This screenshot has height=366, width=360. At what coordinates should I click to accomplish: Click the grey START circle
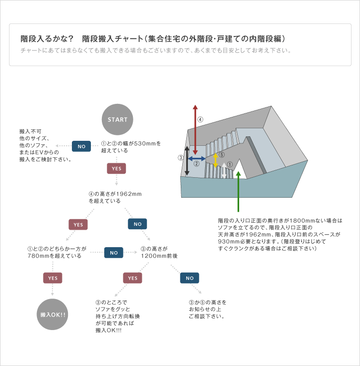pyautogui.click(x=118, y=119)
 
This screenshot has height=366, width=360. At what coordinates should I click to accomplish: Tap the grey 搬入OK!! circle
pyautogui.click(x=53, y=315)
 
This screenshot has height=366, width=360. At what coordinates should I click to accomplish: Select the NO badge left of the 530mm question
pyautogui.click(x=81, y=146)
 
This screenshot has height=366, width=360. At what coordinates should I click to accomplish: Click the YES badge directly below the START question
pyautogui.click(x=116, y=169)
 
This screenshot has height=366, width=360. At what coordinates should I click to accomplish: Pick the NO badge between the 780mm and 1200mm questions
pyautogui.click(x=114, y=253)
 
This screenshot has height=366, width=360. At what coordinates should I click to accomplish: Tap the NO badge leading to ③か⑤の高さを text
pyautogui.click(x=190, y=278)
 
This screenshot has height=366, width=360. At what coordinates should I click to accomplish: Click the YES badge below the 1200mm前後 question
pyautogui.click(x=132, y=278)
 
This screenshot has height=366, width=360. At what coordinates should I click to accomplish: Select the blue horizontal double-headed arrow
pyautogui.click(x=197, y=158)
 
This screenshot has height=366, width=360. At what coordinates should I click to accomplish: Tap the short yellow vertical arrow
pyautogui.click(x=215, y=160)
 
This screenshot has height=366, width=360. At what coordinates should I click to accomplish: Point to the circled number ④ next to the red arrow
pyautogui.click(x=200, y=120)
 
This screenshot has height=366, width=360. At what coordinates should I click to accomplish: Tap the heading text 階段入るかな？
pyautogui.click(x=47, y=39)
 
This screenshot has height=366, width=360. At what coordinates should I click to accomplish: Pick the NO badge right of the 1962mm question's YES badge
pyautogui.click(x=137, y=224)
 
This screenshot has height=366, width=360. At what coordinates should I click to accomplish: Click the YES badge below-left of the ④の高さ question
pyautogui.click(x=78, y=224)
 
